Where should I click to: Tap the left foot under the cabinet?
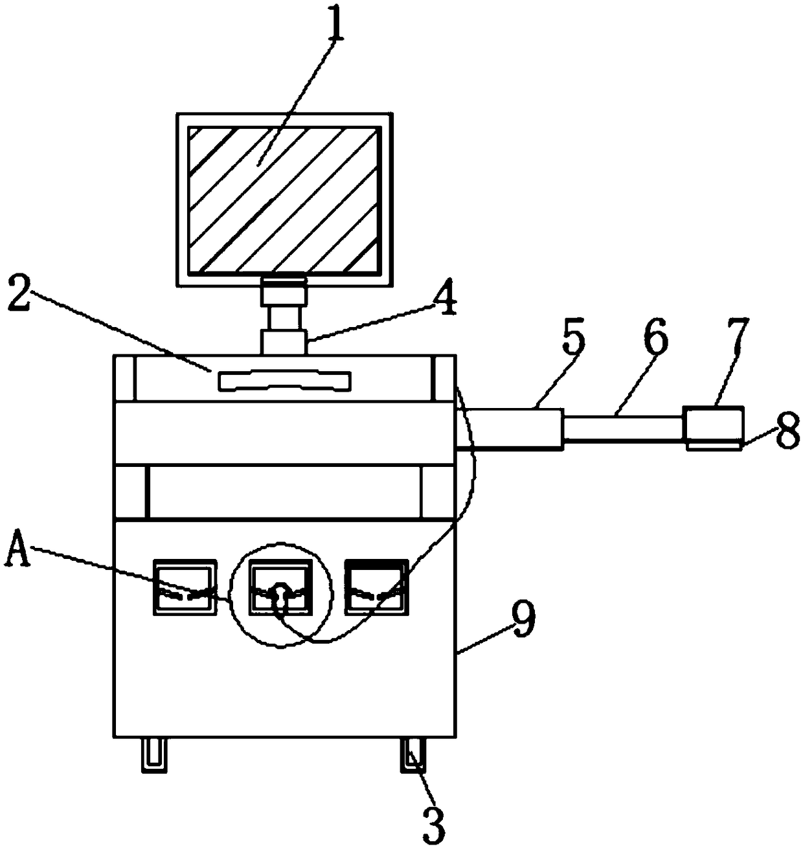point(154,755)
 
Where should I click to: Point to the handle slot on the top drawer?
point(284,380)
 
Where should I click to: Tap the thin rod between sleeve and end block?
point(623,428)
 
